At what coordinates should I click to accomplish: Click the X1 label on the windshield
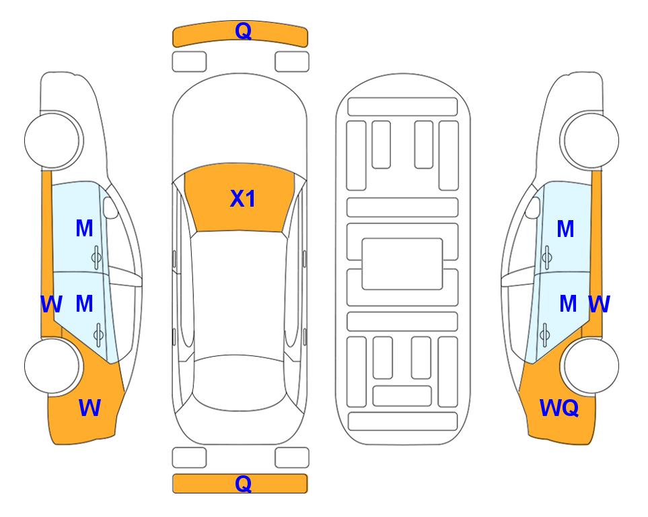pyautogui.click(x=243, y=199)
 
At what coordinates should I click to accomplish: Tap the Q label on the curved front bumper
pyautogui.click(x=243, y=30)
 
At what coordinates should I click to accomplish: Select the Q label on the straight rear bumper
pyautogui.click(x=243, y=483)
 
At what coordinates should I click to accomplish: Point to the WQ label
pyautogui.click(x=559, y=408)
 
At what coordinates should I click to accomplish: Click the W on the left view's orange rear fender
pyautogui.click(x=89, y=407)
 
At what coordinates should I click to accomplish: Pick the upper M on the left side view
pyautogui.click(x=84, y=228)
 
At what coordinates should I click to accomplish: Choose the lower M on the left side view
pyautogui.click(x=84, y=304)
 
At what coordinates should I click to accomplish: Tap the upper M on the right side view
pyautogui.click(x=565, y=229)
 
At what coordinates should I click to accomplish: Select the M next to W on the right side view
pyautogui.click(x=568, y=304)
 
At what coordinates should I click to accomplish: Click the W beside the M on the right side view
pyautogui.click(x=600, y=304)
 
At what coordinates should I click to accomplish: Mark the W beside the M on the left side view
pyautogui.click(x=51, y=304)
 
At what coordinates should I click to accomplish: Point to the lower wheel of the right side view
pyautogui.click(x=591, y=366)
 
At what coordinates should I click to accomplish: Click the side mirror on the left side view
pyautogui.click(x=110, y=207)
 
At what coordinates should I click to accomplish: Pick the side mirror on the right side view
pyautogui.click(x=532, y=207)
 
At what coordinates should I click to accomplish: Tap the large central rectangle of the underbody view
pyautogui.click(x=402, y=264)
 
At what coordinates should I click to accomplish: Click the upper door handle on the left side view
pyautogui.click(x=96, y=257)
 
